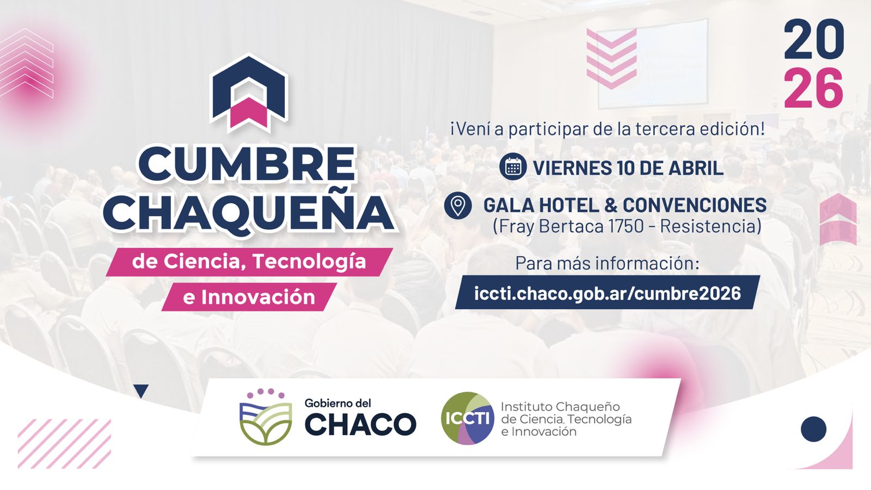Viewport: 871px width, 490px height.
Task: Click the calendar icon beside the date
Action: (x=513, y=167)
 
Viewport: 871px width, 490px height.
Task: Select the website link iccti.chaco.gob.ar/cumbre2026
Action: (x=608, y=293)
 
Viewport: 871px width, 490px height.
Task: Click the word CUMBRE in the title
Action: (x=247, y=164)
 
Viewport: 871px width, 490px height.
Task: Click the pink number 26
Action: (x=813, y=88)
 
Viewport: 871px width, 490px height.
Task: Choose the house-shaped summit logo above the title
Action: (x=249, y=93)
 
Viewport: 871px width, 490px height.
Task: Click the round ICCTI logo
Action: (x=468, y=418)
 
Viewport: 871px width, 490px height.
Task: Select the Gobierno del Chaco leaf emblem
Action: (x=266, y=417)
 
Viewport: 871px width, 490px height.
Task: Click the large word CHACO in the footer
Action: (x=360, y=424)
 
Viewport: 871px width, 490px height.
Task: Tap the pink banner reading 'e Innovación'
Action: (x=249, y=297)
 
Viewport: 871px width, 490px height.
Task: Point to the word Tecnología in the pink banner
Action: (x=310, y=261)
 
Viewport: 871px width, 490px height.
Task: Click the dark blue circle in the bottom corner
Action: (x=813, y=430)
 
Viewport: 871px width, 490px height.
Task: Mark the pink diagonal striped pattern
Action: (x=65, y=444)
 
